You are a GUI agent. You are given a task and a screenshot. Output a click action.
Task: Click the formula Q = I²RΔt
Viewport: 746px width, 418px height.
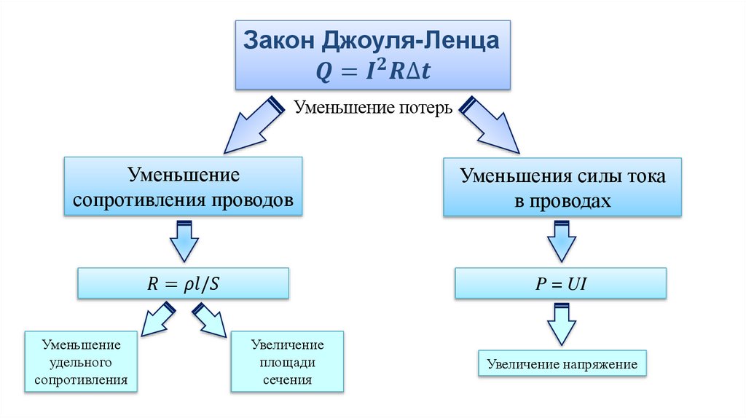click(372, 71)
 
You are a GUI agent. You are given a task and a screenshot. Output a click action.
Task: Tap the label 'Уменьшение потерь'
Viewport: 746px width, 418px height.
click(374, 108)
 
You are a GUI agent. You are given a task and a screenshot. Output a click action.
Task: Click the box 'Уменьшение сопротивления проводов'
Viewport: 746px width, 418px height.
click(183, 187)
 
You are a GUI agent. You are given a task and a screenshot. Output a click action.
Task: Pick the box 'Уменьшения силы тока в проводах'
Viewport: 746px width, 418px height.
click(562, 188)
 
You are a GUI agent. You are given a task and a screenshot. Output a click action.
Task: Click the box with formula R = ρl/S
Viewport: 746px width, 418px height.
click(183, 283)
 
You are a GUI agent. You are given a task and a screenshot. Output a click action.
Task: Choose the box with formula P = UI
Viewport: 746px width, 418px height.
click(560, 283)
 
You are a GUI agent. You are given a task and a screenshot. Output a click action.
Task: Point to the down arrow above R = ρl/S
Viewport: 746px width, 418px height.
click(184, 241)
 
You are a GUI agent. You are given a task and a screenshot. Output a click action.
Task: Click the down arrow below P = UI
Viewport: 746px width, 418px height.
click(562, 325)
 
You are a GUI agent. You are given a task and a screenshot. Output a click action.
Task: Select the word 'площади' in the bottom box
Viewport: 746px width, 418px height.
click(287, 362)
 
